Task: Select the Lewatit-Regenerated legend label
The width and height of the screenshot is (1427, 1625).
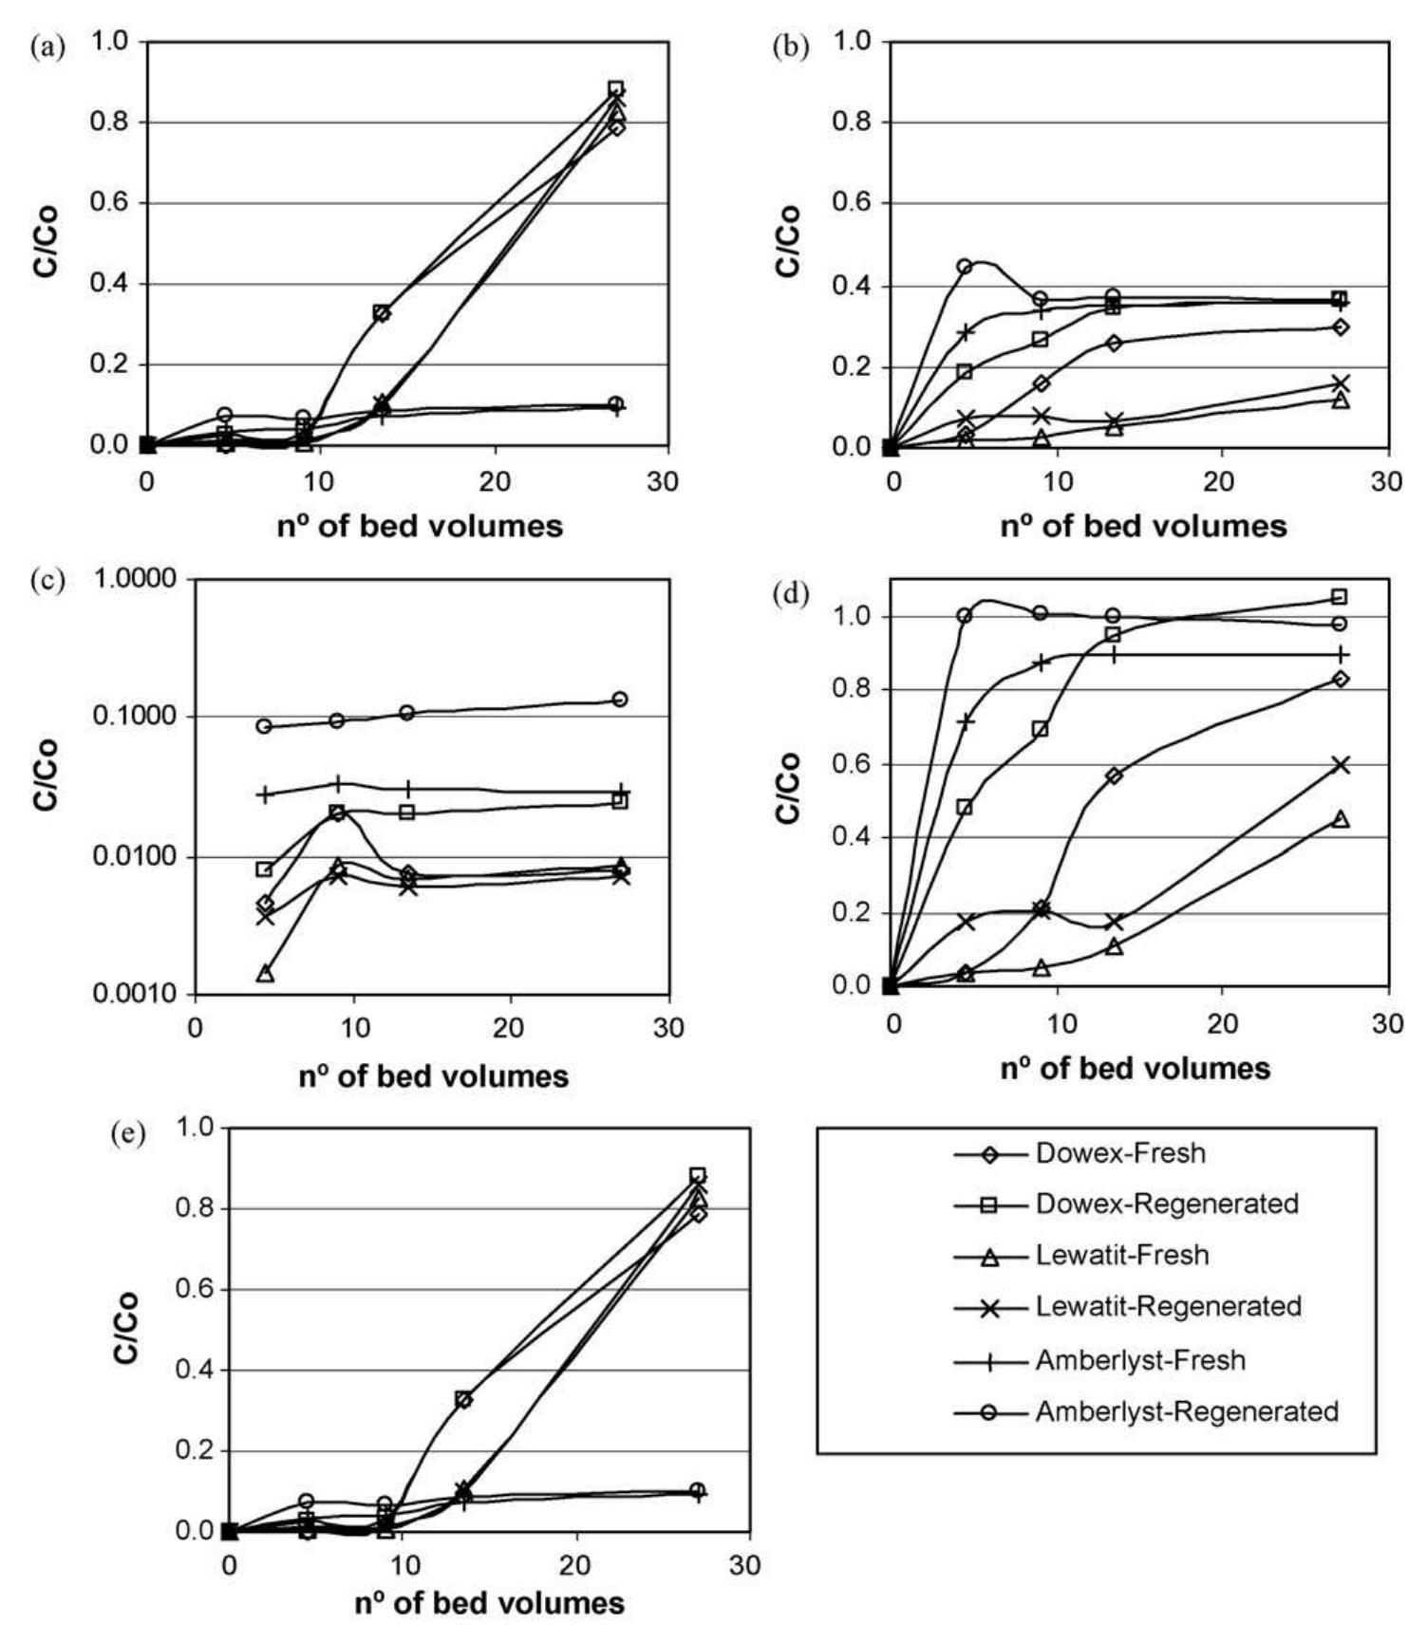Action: coord(1167,1306)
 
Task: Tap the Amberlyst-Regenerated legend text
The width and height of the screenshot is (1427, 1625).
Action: coord(1186,1411)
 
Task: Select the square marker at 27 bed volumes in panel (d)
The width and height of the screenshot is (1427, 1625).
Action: coord(1340,597)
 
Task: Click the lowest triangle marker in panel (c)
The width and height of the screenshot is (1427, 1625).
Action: coord(265,973)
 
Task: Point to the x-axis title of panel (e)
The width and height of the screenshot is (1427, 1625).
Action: coord(490,1603)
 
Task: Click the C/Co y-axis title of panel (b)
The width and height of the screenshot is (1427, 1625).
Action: coord(789,242)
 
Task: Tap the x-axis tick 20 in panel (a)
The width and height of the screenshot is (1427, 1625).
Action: coord(495,481)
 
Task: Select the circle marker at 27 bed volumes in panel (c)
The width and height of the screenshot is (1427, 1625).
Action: coord(619,700)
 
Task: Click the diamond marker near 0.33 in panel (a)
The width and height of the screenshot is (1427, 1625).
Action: coord(382,313)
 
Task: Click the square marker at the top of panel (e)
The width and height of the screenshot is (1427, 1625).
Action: coord(697,1176)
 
